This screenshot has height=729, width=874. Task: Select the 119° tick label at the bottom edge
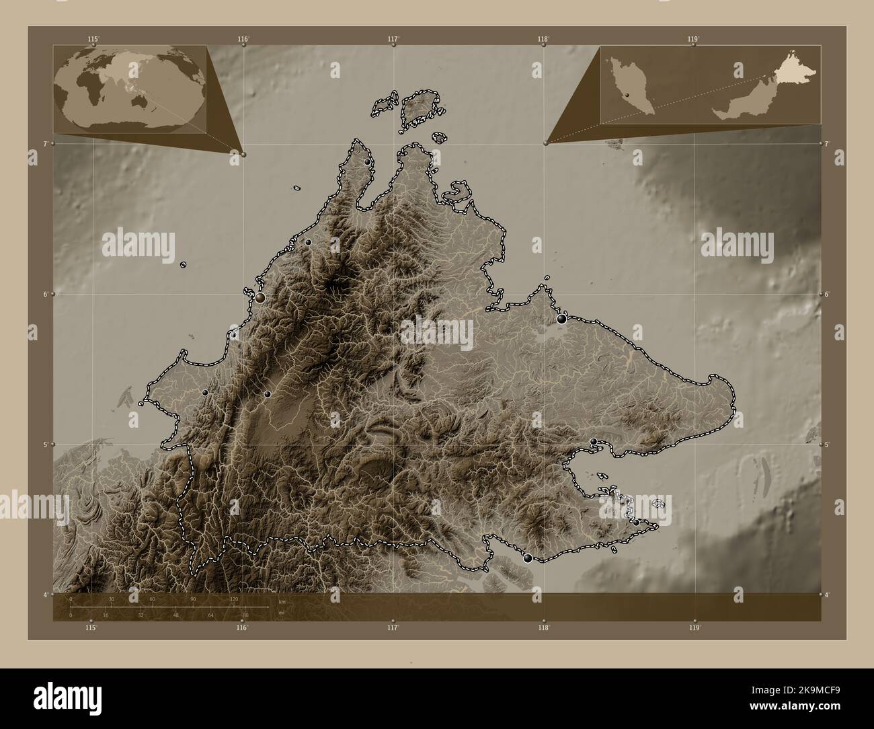coord(694,627)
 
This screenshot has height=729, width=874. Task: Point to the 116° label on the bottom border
coord(242,627)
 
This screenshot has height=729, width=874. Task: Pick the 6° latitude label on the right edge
coord(828,295)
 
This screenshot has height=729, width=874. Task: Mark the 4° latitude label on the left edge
coord(45,594)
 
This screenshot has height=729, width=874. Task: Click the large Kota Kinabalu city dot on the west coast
coord(260,297)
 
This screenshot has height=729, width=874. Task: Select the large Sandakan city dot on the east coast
coord(561,319)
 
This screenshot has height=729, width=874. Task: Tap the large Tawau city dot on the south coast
coord(528,558)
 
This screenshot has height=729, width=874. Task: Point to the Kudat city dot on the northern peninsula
coord(367,162)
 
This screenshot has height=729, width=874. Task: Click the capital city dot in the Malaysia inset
coord(626,96)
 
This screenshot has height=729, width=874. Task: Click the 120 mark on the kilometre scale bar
coord(234,599)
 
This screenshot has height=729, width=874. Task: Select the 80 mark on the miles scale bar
coord(245,615)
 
